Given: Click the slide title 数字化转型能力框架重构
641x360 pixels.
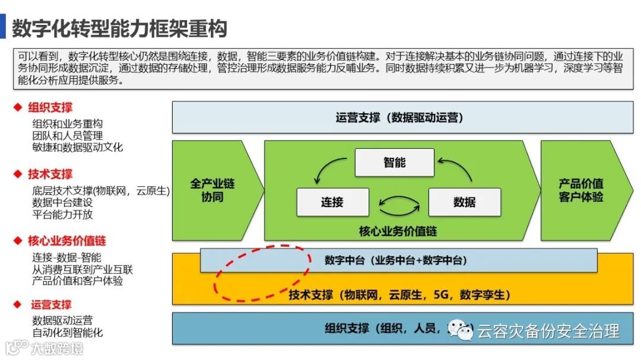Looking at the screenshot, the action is [119, 28].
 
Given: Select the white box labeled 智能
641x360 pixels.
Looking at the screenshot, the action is [394, 162].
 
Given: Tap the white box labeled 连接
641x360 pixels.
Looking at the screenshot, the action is [332, 202].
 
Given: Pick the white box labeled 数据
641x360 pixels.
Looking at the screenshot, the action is [464, 202].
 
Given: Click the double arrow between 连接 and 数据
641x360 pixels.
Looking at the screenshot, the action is [399, 205].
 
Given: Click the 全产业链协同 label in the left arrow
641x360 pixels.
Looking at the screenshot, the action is [212, 190].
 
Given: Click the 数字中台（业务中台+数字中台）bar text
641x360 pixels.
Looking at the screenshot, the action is [396, 260].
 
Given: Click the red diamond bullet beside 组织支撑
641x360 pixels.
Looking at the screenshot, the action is [18, 107].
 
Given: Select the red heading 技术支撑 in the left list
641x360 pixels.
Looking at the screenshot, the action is [50, 174].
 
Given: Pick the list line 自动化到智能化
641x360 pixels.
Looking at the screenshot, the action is [68, 332].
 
